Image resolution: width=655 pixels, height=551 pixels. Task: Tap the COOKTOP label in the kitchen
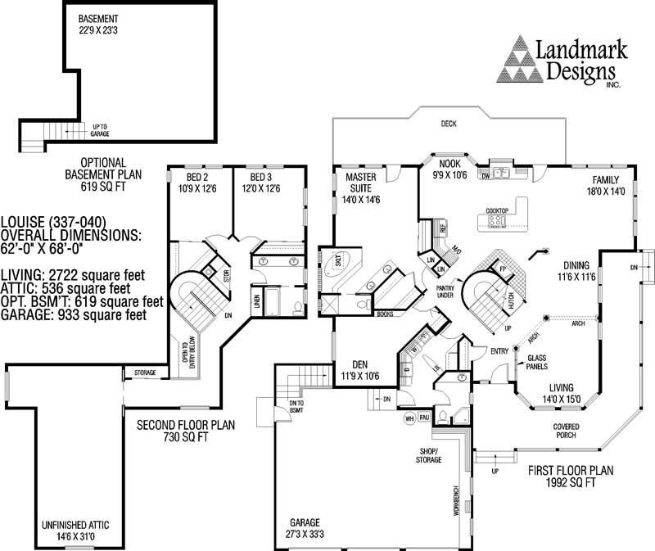pos(498,211)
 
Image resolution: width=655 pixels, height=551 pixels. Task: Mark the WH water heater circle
pos(409,418)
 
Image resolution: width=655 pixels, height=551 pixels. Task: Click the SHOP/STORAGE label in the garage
pos(430,455)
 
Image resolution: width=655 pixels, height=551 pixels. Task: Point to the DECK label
pos(448,124)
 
